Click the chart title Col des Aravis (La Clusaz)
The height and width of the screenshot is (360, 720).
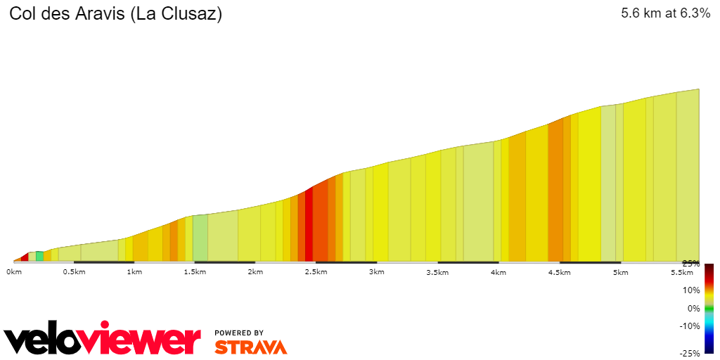coord(116,14)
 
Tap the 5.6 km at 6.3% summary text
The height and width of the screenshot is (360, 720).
coord(666,13)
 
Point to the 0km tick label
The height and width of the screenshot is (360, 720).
coord(14,272)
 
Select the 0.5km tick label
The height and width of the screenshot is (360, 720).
coord(75,272)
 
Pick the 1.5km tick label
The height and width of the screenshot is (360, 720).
coord(195,272)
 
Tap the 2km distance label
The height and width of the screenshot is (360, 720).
coord(255,272)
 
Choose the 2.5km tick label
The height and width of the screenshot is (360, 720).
coord(316,272)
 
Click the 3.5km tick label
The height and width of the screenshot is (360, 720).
coord(437,272)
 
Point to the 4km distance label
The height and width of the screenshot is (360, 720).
coord(498,272)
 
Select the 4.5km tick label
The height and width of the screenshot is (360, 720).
coord(559,272)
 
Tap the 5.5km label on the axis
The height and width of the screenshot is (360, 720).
coord(681,272)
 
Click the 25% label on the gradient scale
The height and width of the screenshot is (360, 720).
coord(690,264)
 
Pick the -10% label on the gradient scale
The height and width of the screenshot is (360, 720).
coord(690,326)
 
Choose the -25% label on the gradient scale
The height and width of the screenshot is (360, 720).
coord(690,353)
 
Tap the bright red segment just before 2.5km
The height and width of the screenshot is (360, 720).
coord(309,225)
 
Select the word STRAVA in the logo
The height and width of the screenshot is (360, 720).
coord(250,347)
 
